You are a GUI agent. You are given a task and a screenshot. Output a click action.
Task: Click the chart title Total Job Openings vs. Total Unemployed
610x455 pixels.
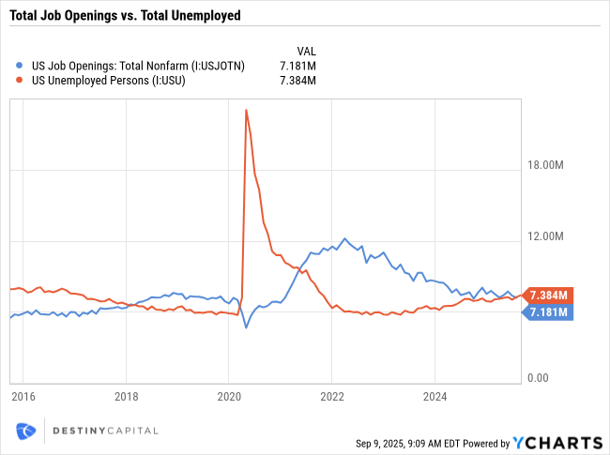[x=125, y=15]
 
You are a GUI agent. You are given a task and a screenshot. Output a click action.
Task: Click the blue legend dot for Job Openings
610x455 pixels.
[x=21, y=65]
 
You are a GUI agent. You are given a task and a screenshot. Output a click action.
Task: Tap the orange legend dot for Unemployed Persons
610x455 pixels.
[x=21, y=81]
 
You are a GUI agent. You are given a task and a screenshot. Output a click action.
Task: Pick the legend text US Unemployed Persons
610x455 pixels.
[x=108, y=81]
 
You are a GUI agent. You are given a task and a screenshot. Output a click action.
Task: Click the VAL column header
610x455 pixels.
[x=306, y=49]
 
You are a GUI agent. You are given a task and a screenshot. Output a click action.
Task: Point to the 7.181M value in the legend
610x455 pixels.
[x=297, y=65]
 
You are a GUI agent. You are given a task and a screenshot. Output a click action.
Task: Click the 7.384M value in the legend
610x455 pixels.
[x=297, y=81]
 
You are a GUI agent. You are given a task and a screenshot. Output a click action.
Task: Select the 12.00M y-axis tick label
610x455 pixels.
[x=544, y=236]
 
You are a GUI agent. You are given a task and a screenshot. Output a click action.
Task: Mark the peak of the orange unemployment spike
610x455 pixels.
[x=246, y=110]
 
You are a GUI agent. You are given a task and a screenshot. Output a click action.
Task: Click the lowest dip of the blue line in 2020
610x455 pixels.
[x=246, y=326]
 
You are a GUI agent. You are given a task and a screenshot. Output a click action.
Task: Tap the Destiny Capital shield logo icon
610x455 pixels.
[x=26, y=431]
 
